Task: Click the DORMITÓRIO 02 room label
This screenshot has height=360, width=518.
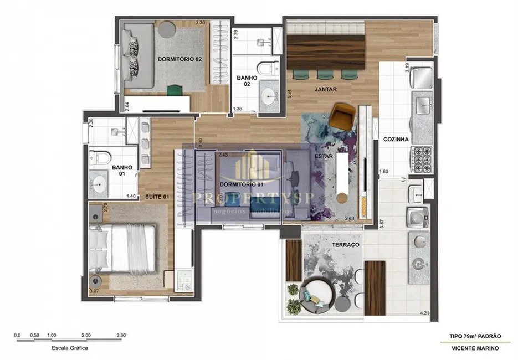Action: [x=178, y=59]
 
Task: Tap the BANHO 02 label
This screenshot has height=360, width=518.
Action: [x=247, y=81]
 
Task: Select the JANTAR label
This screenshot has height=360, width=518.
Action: [x=325, y=89]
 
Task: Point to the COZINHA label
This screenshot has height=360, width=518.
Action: [x=396, y=140]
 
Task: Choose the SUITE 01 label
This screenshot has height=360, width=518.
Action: [x=157, y=196]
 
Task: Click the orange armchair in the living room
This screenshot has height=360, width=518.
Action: [x=343, y=115]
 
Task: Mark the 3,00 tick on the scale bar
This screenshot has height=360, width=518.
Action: [x=121, y=335]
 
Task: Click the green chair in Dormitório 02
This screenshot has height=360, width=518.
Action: [x=174, y=89]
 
